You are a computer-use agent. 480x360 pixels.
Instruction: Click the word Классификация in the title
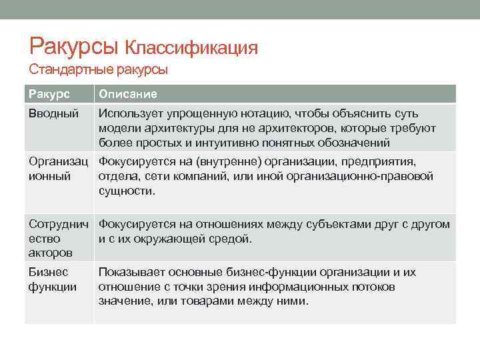(x=191, y=48)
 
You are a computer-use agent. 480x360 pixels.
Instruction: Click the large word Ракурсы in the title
(x=74, y=47)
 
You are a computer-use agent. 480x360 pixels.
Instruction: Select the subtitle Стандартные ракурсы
(x=98, y=69)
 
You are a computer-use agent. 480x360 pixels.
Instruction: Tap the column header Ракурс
(x=49, y=94)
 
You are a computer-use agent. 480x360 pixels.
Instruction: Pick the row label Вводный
(x=53, y=113)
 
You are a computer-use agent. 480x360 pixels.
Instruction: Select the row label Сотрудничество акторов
(x=59, y=239)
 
